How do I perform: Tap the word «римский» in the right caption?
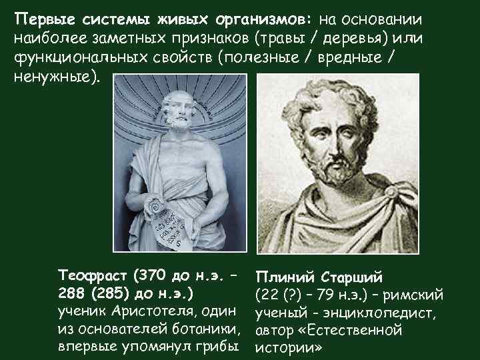pyautogui.click(x=413, y=294)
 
